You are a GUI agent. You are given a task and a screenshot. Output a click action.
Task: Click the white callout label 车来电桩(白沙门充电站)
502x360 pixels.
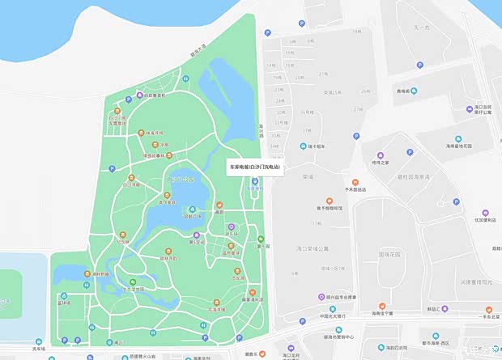pyautogui.click(x=255, y=167)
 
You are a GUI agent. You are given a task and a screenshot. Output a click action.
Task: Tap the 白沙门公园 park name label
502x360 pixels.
pyautogui.click(x=180, y=177)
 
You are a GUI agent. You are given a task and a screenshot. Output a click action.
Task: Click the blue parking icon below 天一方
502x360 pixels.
pyautogui.click(x=419, y=66)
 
